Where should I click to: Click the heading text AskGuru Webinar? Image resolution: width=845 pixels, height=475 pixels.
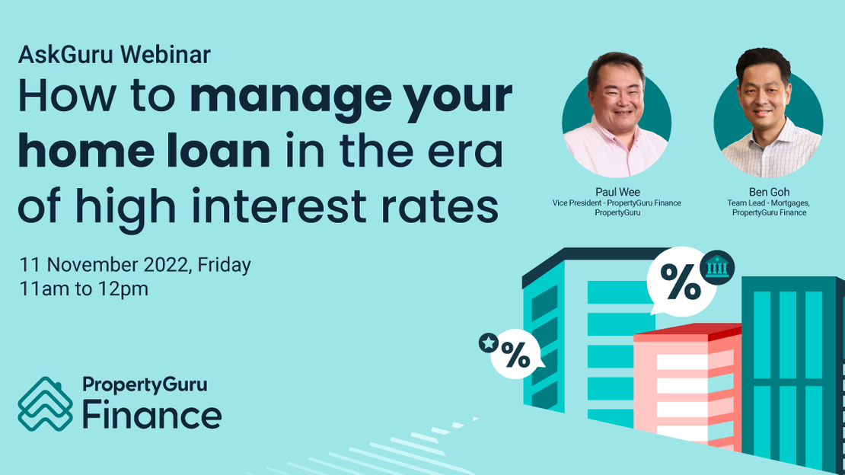tap(114, 55)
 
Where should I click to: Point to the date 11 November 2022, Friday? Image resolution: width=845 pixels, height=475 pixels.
tap(136, 265)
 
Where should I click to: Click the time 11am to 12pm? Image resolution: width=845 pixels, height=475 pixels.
tap(84, 289)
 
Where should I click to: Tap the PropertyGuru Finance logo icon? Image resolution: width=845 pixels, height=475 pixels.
tap(45, 404)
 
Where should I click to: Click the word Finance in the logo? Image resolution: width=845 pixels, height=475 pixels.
tap(151, 416)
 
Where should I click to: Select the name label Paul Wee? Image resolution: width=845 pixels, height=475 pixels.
tap(617, 192)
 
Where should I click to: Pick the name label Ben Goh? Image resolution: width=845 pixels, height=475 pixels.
tap(769, 192)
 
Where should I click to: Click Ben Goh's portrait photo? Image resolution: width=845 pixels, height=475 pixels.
tap(769, 114)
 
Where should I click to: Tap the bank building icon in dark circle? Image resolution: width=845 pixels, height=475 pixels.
tap(716, 267)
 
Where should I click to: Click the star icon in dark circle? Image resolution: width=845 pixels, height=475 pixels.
tap(488, 343)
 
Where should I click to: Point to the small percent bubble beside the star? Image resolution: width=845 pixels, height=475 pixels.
tap(516, 355)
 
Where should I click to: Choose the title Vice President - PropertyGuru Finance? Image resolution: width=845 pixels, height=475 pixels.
tap(617, 202)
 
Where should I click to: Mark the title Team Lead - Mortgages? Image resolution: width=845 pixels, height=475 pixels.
tap(769, 202)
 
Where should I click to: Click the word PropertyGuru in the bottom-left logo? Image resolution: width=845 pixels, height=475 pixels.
tap(144, 385)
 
